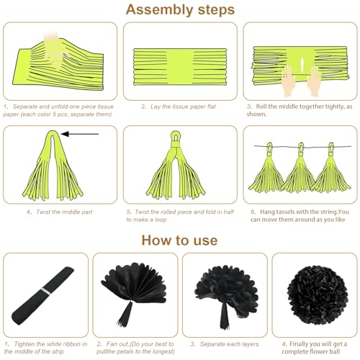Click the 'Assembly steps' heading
coord(180,10)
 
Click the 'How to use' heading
coord(179,240)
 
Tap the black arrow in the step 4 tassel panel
coord(80,134)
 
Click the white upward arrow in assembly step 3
coord(302,65)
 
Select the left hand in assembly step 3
coord(288,81)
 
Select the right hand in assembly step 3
coord(314,81)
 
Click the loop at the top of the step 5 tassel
coord(176,137)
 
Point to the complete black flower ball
coord(318,295)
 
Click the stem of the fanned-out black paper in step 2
coord(125,314)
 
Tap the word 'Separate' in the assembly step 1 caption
coord(24,107)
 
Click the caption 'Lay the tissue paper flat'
coord(183,107)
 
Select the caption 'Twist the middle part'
coord(64,212)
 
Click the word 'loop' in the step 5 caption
coord(161,220)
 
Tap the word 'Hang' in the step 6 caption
coord(267,212)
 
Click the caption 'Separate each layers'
coord(229,344)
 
